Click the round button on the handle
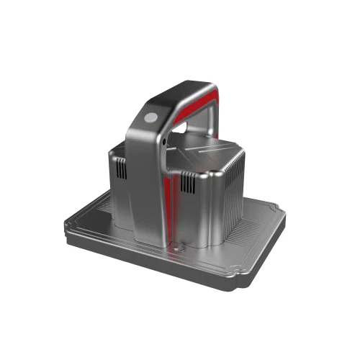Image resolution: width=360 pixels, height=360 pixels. point(152,116)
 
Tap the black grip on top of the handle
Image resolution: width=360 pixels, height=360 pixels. point(180,92)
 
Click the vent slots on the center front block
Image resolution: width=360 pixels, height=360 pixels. point(188,184)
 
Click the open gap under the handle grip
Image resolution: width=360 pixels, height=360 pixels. point(189,130)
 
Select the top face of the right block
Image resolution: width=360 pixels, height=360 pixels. point(209,155)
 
